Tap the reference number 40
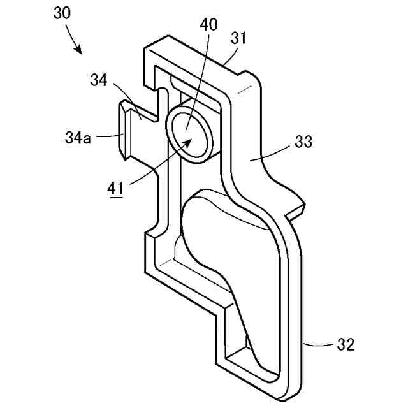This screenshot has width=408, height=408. (208, 25)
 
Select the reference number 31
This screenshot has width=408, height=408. (238, 39)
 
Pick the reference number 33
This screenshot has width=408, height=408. (303, 142)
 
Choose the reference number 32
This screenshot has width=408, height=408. (344, 345)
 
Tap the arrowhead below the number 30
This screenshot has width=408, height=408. (79, 49)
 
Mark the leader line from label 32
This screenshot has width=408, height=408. (319, 345)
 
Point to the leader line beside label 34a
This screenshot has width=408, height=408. (106, 135)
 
